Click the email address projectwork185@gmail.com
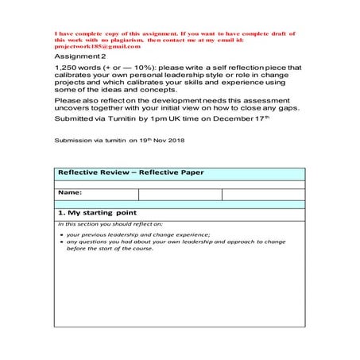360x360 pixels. point(91,47)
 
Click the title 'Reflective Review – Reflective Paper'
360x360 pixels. point(131,172)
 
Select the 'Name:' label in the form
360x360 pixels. point(70,193)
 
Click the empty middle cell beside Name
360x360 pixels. point(180,194)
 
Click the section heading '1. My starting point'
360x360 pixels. point(97,213)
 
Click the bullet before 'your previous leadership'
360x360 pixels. point(61,235)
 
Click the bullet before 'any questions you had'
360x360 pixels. point(61,242)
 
